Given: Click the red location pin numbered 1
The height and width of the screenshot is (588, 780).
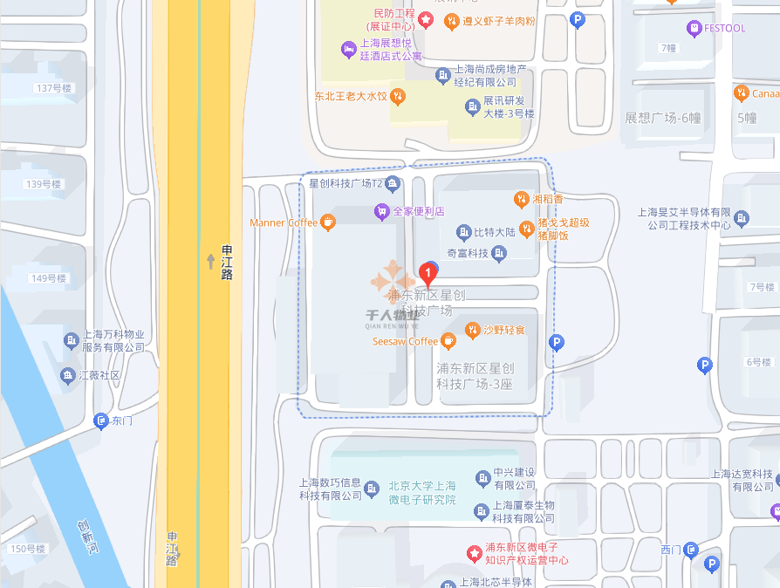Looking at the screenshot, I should click(x=428, y=273).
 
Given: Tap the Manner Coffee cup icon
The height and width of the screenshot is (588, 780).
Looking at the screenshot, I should click(x=328, y=222).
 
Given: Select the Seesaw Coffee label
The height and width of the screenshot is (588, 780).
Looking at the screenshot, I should click(x=405, y=341).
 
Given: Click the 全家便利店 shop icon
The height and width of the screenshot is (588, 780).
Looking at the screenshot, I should click(x=381, y=211).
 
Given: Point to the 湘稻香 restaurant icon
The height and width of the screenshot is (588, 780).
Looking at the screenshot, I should click(x=521, y=200).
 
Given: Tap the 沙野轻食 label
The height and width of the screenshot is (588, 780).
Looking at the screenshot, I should click(x=505, y=330).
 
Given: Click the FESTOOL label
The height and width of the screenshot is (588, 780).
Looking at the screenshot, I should click(x=725, y=28).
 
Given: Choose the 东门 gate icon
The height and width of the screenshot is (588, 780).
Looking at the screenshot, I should click(x=101, y=421).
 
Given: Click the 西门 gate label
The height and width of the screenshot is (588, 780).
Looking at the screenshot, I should click(x=670, y=550).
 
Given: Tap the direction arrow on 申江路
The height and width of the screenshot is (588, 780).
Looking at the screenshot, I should click(x=210, y=261).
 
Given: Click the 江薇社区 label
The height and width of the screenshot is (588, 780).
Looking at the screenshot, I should click(x=99, y=375).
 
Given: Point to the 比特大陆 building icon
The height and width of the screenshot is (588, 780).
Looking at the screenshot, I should click(x=463, y=232).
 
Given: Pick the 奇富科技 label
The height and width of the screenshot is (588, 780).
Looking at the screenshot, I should click(x=467, y=253).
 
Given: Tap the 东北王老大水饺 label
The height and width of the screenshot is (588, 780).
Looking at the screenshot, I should click(x=351, y=96).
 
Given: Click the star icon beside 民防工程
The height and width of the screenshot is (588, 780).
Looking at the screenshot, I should click(x=426, y=18).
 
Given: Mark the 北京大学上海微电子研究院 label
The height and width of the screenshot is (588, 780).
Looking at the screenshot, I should click(x=422, y=493).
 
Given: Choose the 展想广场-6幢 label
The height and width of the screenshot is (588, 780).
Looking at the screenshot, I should click(x=663, y=118).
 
